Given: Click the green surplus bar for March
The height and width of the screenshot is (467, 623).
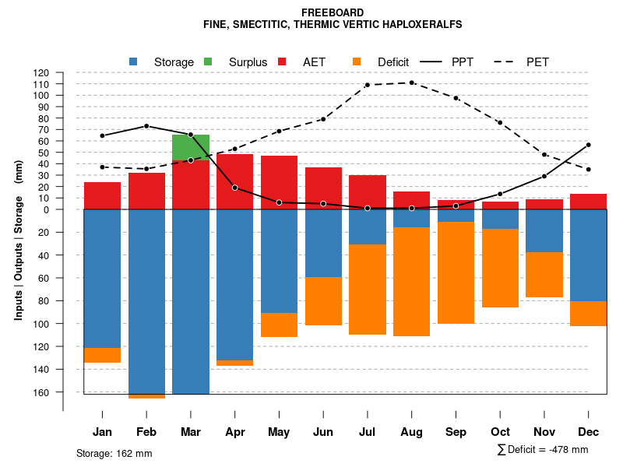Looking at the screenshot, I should pyautogui.click(x=191, y=147).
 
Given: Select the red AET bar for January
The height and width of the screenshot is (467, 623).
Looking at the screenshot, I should pyautogui.click(x=102, y=195).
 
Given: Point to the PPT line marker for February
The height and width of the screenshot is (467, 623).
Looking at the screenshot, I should pyautogui.click(x=146, y=126).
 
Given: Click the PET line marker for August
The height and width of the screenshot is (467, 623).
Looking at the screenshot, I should pyautogui.click(x=411, y=83).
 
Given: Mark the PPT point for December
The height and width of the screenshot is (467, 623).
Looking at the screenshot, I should pyautogui.click(x=589, y=145).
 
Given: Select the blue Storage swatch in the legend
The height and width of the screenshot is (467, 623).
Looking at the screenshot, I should pyautogui.click(x=134, y=61).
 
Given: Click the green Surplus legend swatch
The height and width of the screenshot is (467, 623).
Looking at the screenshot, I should pyautogui.click(x=208, y=61).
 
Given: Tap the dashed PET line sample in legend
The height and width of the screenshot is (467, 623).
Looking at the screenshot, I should pyautogui.click(x=506, y=61).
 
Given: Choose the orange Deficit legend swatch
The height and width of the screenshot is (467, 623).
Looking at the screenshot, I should pyautogui.click(x=357, y=61).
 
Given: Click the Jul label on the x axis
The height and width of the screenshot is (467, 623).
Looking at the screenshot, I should pyautogui.click(x=367, y=432).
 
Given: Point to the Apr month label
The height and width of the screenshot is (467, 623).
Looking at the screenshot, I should pyautogui.click(x=235, y=432).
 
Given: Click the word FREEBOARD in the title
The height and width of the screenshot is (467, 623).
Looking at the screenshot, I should pyautogui.click(x=333, y=12).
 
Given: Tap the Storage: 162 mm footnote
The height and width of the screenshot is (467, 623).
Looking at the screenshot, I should pyautogui.click(x=114, y=453).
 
